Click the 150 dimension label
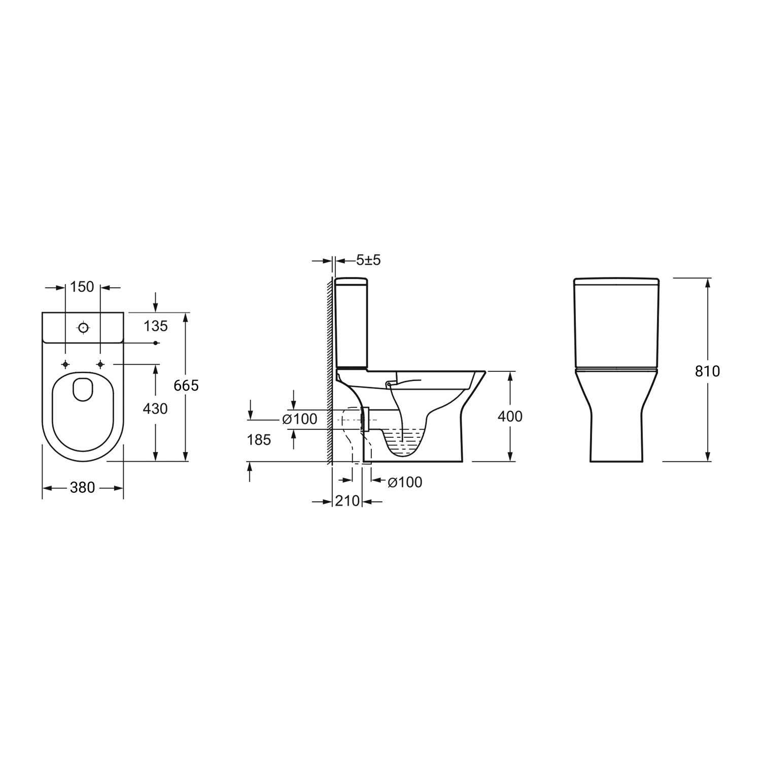(x=83, y=287)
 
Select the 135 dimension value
(x=155, y=326)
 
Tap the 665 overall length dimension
(x=186, y=386)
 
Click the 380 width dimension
(x=83, y=488)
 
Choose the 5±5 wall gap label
(x=368, y=260)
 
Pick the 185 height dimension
(x=259, y=440)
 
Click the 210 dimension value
(x=348, y=501)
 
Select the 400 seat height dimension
(x=510, y=416)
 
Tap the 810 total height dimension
(x=707, y=371)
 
